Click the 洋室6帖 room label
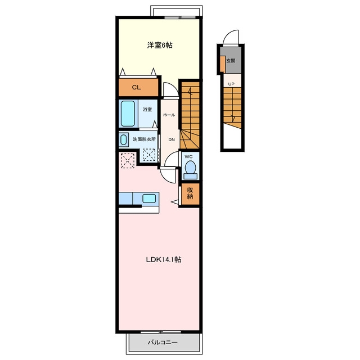coord(160,45)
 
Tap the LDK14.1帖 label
coord(164,260)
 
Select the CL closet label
coord(136,88)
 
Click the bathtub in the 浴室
coord(128,114)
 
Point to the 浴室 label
coord(147,110)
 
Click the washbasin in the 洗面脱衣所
coord(124,139)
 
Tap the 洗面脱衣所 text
coord(144,139)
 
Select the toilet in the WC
coord(190,170)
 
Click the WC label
coord(188,156)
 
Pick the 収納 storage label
coord(190,193)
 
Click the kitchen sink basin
coord(149,199)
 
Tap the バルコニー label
coord(163,343)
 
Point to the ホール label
coord(169,115)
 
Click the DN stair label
coord(172,139)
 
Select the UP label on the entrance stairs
coord(231,84)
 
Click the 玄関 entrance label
coord(231,61)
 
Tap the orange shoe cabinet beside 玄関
coord(222,64)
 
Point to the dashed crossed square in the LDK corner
coord(128,160)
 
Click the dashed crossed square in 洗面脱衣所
coord(149,155)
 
